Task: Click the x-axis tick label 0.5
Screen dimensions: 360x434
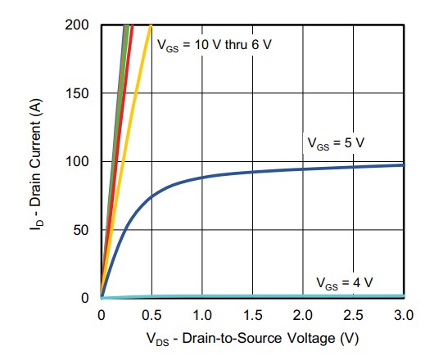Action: point(151,314)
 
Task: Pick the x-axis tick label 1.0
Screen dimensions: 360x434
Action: point(202,314)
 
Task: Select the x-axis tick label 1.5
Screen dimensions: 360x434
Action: point(253,314)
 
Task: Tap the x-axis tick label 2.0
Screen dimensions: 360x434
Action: point(303,314)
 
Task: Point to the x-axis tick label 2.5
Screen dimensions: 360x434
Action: point(354,314)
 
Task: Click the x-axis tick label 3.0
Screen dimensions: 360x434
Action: point(404,314)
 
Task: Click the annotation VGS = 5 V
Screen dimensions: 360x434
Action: point(336,142)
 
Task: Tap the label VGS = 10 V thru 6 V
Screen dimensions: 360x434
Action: point(215,43)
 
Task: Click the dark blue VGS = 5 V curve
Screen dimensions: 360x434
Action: point(246,172)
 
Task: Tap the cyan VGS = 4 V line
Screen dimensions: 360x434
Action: point(246,295)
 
